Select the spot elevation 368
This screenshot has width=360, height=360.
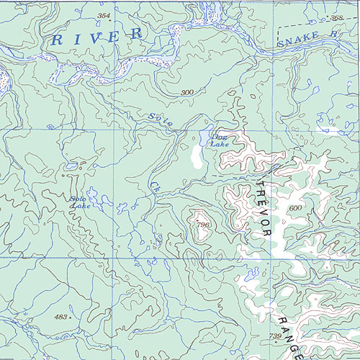coord(336,17)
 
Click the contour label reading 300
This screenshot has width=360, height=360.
coord(188,93)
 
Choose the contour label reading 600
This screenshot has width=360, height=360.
coord(294,207)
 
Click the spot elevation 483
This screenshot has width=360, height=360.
coord(62,317)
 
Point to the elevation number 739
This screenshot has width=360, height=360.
coord(276,336)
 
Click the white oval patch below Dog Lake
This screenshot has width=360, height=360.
coord(195,156)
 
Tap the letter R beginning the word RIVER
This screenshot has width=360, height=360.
coord(55,40)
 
